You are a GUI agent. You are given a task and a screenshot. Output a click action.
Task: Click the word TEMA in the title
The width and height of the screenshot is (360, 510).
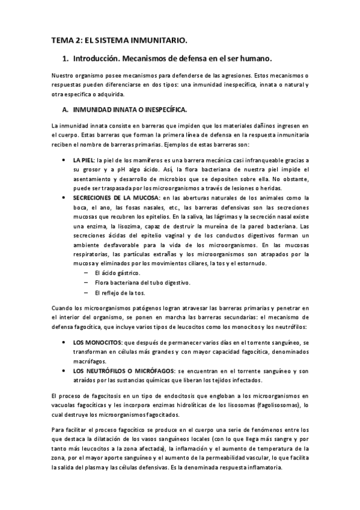click(x=61, y=41)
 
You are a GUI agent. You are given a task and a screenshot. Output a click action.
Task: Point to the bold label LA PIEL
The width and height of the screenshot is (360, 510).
click(x=84, y=161)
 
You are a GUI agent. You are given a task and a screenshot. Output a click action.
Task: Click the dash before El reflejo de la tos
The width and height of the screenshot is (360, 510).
click(x=88, y=293)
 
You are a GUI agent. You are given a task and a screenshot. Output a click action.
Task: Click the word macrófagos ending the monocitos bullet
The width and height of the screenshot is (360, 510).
click(x=89, y=361)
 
